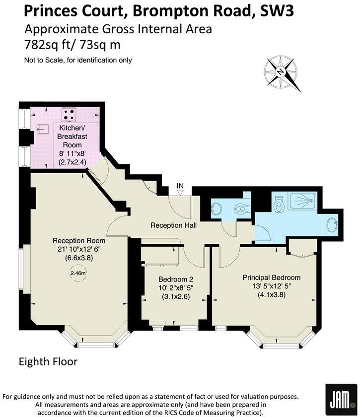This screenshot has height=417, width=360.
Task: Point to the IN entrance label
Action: click(181, 187)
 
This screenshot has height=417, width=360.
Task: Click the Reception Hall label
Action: click(173, 225)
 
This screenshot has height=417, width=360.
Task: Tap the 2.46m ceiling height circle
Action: click(77, 273)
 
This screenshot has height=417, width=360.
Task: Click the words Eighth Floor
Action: click(48, 361)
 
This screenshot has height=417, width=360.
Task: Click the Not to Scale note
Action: click(78, 61)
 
